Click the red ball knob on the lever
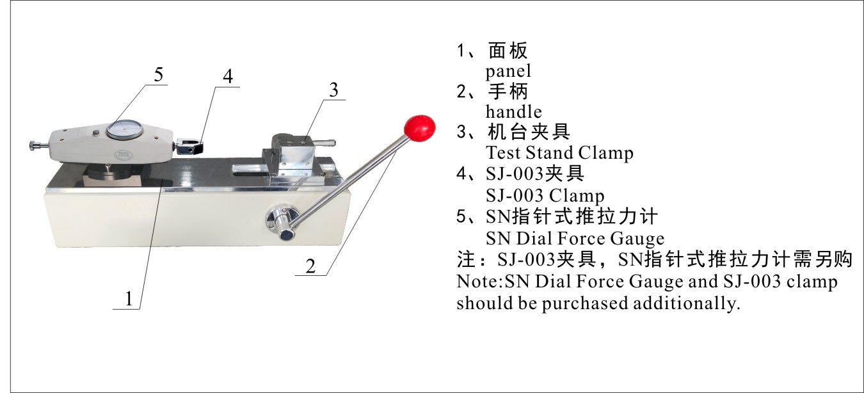click(x=420, y=128)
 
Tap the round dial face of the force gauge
click(x=124, y=130)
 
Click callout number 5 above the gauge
click(x=159, y=74)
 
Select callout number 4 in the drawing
click(x=228, y=76)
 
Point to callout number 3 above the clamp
click(x=333, y=90)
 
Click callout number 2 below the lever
click(x=310, y=266)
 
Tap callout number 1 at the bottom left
click(x=129, y=299)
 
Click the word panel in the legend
click(x=508, y=71)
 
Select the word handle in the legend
click(x=513, y=112)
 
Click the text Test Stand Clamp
click(x=559, y=153)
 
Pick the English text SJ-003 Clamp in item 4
click(x=545, y=195)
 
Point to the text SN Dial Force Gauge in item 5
click(x=575, y=239)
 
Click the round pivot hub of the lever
click(x=283, y=220)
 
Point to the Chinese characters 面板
click(x=508, y=51)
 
